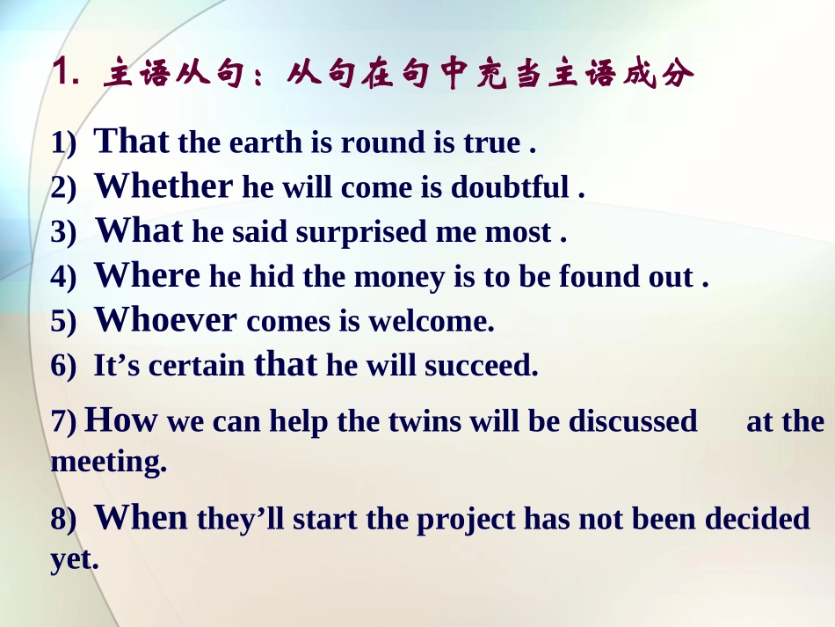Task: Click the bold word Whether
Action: (x=163, y=186)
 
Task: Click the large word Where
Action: (x=147, y=276)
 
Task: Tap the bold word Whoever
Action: (x=165, y=320)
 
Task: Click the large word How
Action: (x=120, y=421)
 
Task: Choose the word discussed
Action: (x=633, y=422)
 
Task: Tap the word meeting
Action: (x=108, y=462)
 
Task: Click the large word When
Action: (x=141, y=519)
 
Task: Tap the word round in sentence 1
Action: (x=380, y=143)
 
